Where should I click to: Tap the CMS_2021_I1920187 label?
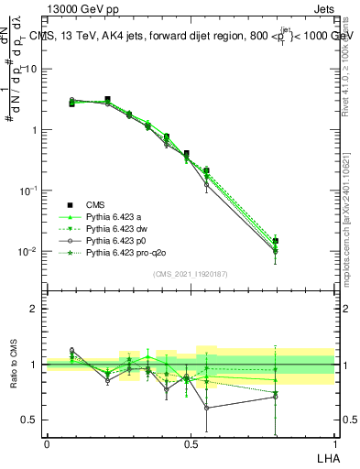click(190, 273)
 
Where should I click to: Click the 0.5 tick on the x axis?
click(190, 444)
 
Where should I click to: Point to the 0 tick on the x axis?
click(47, 444)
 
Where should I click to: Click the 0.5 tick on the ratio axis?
click(31, 420)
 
